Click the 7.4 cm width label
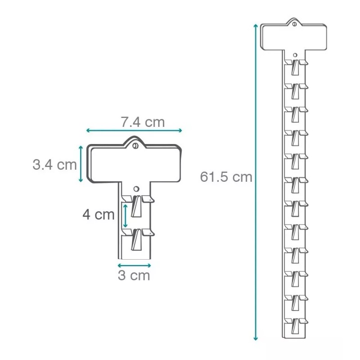pyautogui.click(x=143, y=122)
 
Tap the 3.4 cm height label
pyautogui.click(x=54, y=165)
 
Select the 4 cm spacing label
pyautogui.click(x=99, y=215)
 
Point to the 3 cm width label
pyautogui.click(x=134, y=275)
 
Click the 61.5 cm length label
pyautogui.click(x=226, y=177)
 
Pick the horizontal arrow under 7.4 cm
pyautogui.click(x=134, y=130)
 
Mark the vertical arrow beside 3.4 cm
pyautogui.click(x=81, y=164)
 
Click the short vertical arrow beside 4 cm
pyautogui.click(x=125, y=216)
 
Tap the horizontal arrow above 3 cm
pyautogui.click(x=134, y=265)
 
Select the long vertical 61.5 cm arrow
pyautogui.click(x=256, y=182)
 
